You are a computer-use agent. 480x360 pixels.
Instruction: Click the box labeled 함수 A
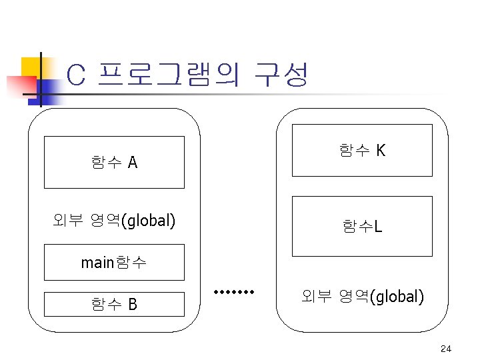114,163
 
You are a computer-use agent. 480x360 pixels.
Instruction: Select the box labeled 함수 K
362,151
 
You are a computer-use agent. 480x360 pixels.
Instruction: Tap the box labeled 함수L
362,227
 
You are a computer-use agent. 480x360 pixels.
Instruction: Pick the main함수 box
114,262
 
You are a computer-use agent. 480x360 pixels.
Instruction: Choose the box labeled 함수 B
114,305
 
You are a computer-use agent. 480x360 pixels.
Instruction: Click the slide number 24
446,349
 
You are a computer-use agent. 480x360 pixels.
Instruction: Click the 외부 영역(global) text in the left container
114,219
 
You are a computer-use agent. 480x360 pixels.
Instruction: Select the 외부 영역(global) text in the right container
362,295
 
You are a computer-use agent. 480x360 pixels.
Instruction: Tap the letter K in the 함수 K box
380,151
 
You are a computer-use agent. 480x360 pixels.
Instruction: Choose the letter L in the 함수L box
378,227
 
